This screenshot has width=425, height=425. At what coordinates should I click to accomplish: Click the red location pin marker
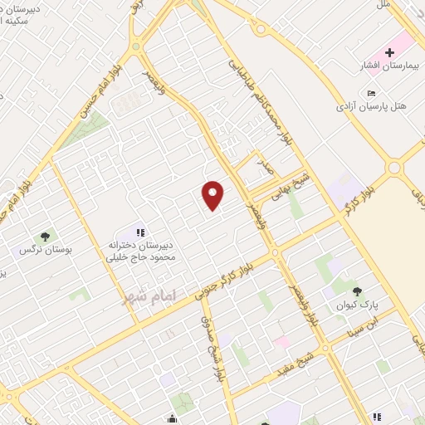pos(213,194)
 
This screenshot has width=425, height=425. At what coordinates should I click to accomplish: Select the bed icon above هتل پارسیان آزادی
pos(371,92)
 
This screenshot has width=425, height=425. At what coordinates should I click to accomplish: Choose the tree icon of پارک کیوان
pos(357,291)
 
